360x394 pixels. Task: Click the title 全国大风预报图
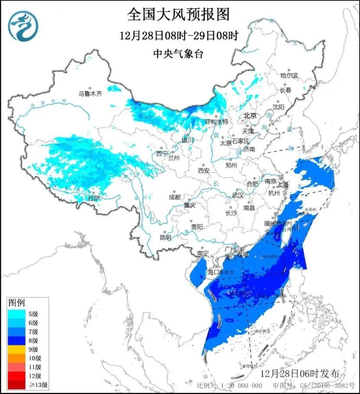click(178, 15)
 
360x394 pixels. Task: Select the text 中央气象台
click(178, 54)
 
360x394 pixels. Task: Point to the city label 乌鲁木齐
click(90, 93)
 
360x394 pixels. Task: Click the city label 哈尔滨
click(289, 75)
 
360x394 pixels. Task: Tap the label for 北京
click(250, 116)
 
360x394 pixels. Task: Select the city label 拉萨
click(94, 198)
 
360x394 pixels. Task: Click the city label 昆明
click(165, 237)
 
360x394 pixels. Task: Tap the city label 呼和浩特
click(216, 122)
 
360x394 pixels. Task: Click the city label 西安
click(204, 171)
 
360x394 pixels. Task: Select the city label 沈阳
click(279, 107)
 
